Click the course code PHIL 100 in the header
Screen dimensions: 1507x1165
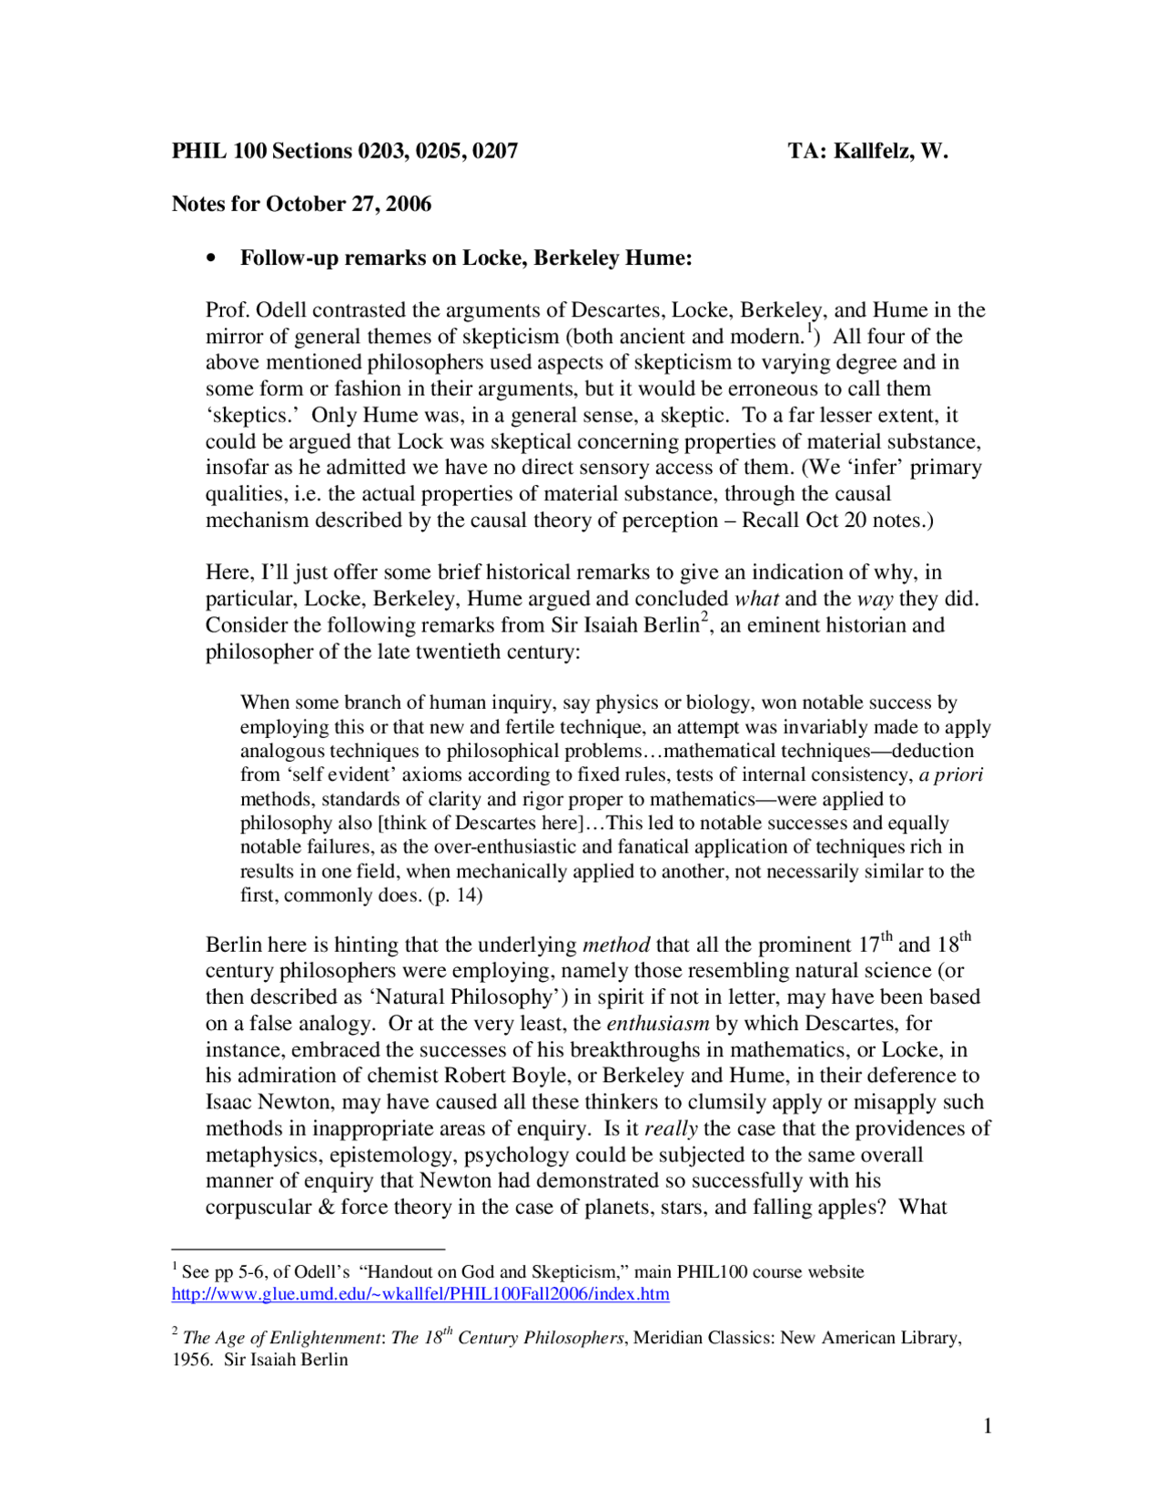tap(219, 151)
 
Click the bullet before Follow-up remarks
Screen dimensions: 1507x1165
tap(212, 258)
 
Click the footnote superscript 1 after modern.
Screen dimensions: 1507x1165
tap(809, 329)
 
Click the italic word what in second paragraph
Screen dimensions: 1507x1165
tap(756, 599)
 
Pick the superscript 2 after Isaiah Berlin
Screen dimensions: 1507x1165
tap(704, 619)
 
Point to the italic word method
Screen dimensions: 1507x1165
tap(616, 946)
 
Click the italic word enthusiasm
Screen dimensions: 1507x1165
tap(657, 1024)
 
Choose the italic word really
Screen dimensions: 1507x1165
tap(671, 1129)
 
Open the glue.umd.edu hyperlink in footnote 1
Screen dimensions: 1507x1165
tap(420, 1294)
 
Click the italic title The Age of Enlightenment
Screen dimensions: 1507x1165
tap(281, 1339)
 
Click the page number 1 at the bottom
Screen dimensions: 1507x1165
tap(988, 1426)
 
